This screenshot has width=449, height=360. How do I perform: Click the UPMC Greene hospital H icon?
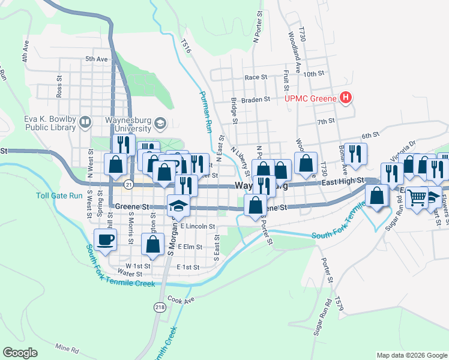coord(345,98)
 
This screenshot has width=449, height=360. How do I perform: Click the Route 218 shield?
coord(160,307)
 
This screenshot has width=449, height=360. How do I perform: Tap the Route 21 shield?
coord(128,186)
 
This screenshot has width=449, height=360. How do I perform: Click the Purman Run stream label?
coord(206,112)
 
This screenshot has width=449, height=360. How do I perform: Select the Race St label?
coord(256,77)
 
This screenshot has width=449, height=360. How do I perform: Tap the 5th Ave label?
coord(96,59)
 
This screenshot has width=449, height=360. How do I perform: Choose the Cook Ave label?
coord(182,299)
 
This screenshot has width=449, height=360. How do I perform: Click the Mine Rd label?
coord(67,348)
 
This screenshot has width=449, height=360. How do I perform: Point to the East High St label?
coord(342,181)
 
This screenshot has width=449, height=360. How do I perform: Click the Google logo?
coord(20,352)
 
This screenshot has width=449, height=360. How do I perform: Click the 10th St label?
coord(313,73)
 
